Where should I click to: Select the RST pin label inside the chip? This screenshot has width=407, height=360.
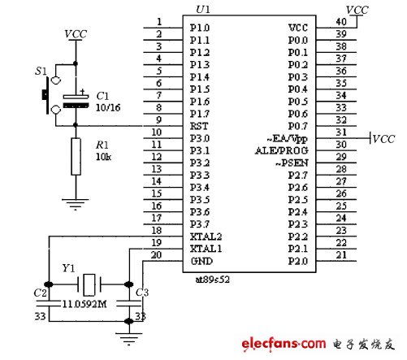pyautogui.click(x=200, y=125)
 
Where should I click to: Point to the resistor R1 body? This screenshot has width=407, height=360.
pyautogui.click(x=76, y=156)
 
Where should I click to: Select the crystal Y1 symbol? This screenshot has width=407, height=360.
pyautogui.click(x=89, y=284)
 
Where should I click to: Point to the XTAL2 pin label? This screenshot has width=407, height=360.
pyautogui.click(x=206, y=235)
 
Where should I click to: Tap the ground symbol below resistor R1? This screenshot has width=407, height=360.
pyautogui.click(x=76, y=205)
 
